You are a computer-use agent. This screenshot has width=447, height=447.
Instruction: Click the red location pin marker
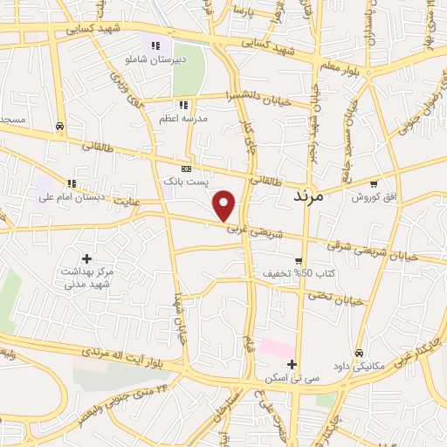click(225, 205)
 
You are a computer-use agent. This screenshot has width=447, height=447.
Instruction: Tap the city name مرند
click(305, 197)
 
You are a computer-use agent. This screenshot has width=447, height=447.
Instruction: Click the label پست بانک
click(187, 182)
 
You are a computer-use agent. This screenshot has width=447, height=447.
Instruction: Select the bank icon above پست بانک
click(186, 168)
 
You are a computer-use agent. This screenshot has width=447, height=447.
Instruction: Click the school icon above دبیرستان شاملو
click(155, 45)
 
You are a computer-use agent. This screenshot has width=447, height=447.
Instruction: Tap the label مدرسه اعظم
click(182, 118)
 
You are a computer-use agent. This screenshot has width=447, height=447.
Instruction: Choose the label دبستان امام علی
click(71, 197)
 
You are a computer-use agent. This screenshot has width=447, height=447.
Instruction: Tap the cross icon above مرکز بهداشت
click(86, 258)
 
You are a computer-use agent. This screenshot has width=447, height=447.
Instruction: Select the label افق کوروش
click(374, 197)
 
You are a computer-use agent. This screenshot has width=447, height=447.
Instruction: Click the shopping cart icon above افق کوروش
click(374, 183)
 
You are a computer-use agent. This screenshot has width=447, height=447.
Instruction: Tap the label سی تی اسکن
click(292, 380)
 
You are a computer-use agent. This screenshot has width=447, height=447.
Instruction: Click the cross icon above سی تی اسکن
click(292, 365)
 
